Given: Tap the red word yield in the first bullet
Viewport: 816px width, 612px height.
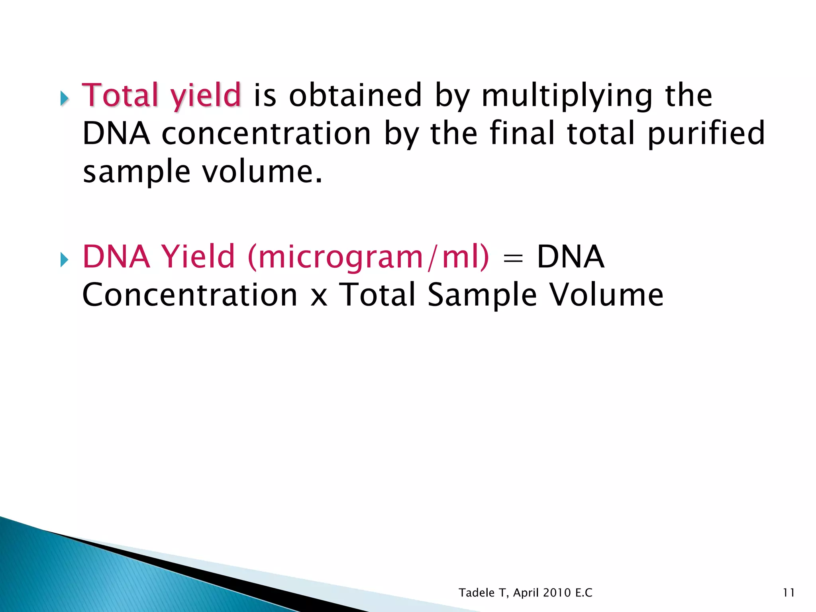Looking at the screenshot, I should (x=206, y=96).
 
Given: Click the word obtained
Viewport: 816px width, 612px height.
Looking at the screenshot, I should (x=355, y=95).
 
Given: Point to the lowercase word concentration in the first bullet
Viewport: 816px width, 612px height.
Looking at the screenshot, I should (x=266, y=133).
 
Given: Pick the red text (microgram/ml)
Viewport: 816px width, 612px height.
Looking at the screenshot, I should (x=368, y=257).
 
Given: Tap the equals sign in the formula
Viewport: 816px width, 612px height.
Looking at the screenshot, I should (x=513, y=258).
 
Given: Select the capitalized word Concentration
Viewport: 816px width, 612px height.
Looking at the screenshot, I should (x=190, y=295).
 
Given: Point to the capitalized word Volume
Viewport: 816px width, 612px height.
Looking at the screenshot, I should (x=606, y=295).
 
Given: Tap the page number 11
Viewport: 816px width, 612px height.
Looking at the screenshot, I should (x=789, y=593).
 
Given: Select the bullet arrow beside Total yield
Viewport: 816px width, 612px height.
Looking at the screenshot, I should (x=64, y=98).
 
